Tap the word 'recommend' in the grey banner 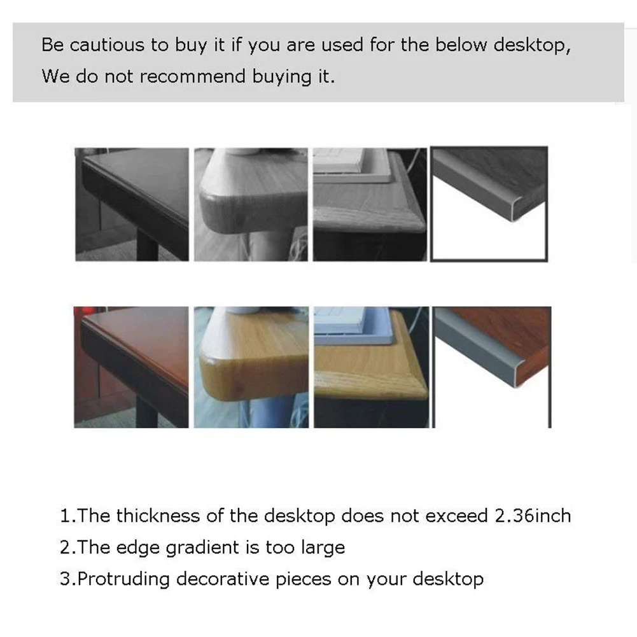[193, 76]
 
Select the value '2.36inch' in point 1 [533, 515]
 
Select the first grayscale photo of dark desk [132, 204]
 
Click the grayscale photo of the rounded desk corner [251, 204]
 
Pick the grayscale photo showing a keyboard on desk [370, 204]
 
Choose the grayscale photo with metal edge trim [489, 204]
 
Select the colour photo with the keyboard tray [370, 367]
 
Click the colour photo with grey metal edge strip [491, 367]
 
